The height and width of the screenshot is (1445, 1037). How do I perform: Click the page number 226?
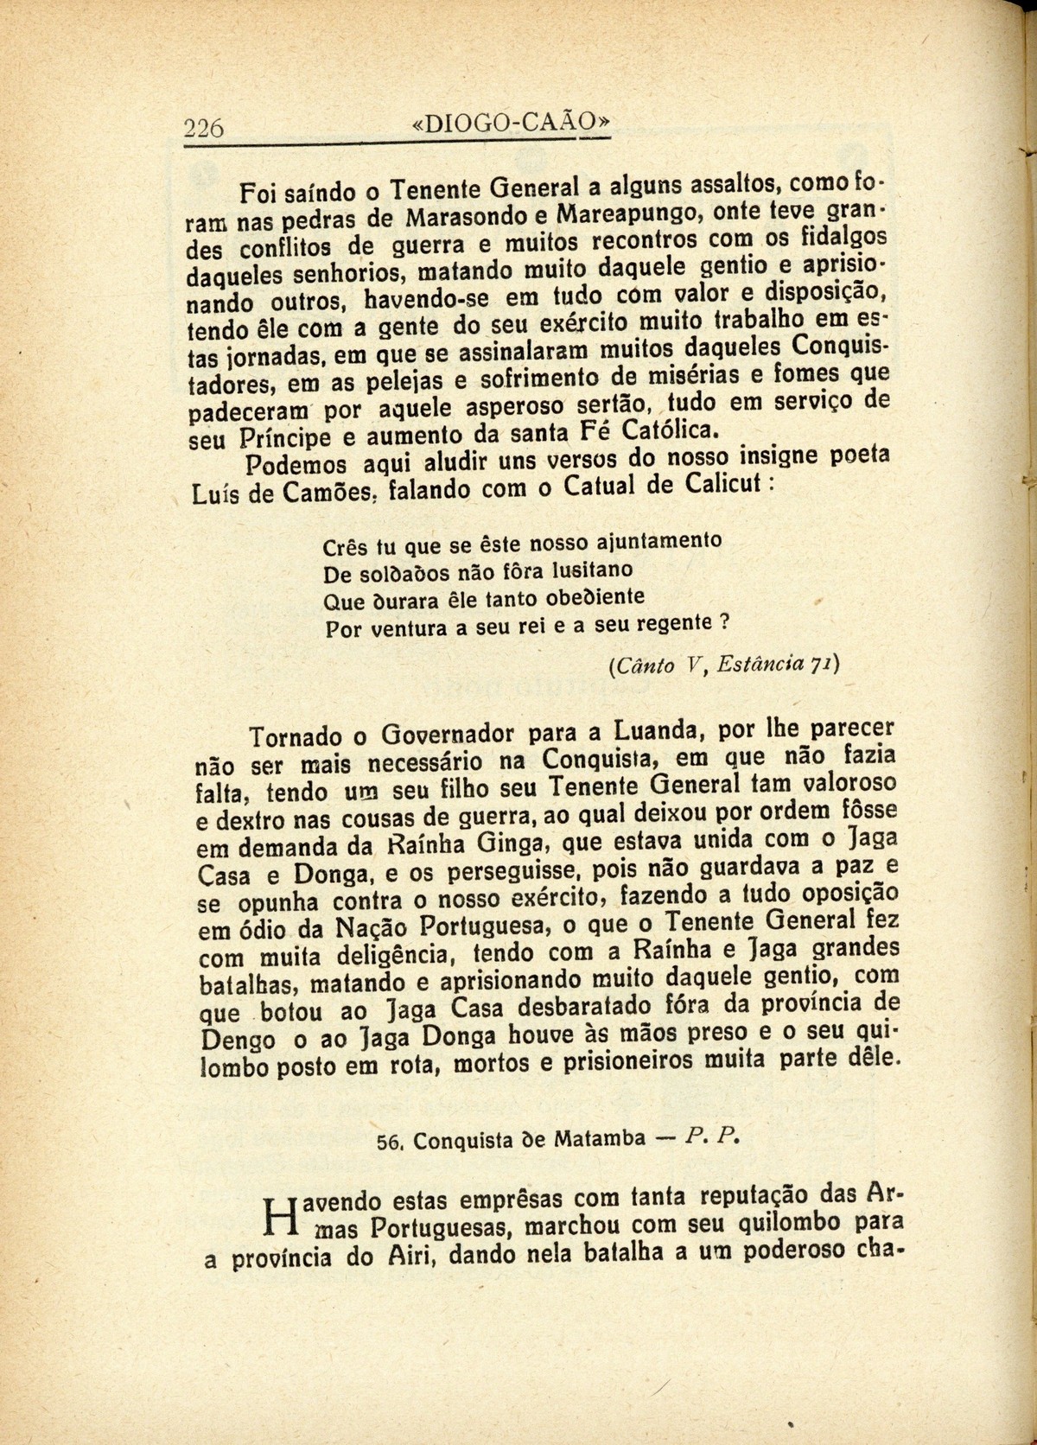coord(205,129)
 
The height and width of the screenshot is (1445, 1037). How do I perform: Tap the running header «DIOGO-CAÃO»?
coord(511,123)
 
